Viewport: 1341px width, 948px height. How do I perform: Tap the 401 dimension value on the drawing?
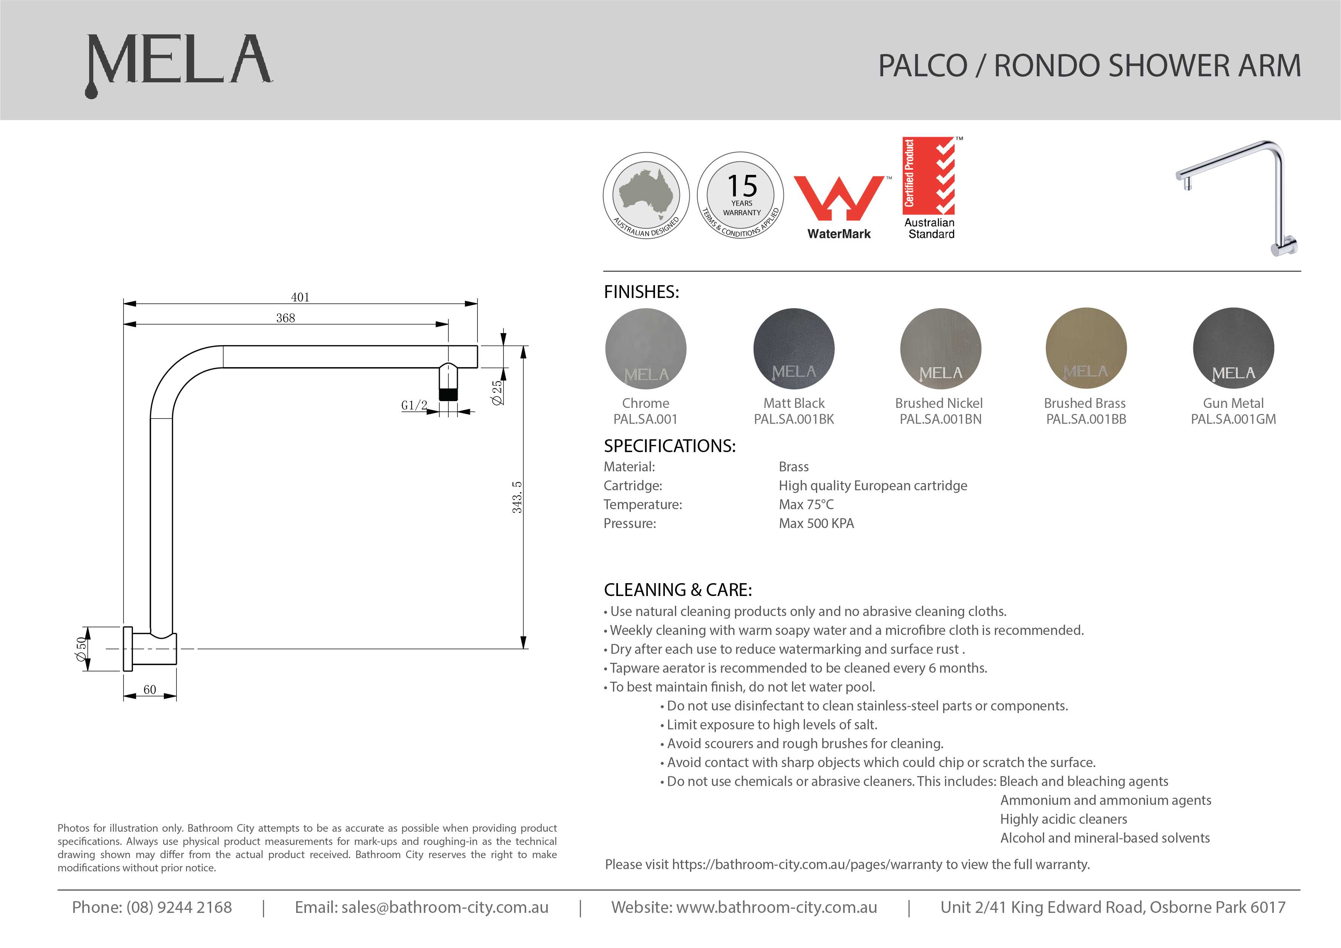pyautogui.click(x=300, y=297)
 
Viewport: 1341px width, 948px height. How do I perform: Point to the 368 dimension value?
pyautogui.click(x=286, y=318)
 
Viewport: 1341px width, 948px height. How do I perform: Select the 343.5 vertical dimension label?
pyautogui.click(x=517, y=497)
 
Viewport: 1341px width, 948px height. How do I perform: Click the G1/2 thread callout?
pyautogui.click(x=414, y=405)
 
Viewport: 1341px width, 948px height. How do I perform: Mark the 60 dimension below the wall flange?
pyautogui.click(x=150, y=689)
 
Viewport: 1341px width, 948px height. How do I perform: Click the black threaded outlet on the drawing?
pyautogui.click(x=448, y=394)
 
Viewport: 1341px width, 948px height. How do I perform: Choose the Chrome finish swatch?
pyautogui.click(x=646, y=349)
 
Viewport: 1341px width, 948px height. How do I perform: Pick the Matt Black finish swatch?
pyautogui.click(x=794, y=349)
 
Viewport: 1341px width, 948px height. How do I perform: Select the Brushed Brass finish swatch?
pyautogui.click(x=1086, y=349)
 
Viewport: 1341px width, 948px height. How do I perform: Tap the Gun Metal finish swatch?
pyautogui.click(x=1233, y=349)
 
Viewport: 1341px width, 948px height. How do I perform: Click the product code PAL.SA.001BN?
pyautogui.click(x=940, y=419)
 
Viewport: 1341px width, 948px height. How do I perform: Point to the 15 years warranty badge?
pyautogui.click(x=741, y=195)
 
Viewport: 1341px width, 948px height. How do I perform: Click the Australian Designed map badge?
pyautogui.click(x=646, y=195)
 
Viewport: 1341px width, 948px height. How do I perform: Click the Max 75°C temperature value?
pyautogui.click(x=806, y=505)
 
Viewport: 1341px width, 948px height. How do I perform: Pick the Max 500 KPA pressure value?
pyautogui.click(x=816, y=523)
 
